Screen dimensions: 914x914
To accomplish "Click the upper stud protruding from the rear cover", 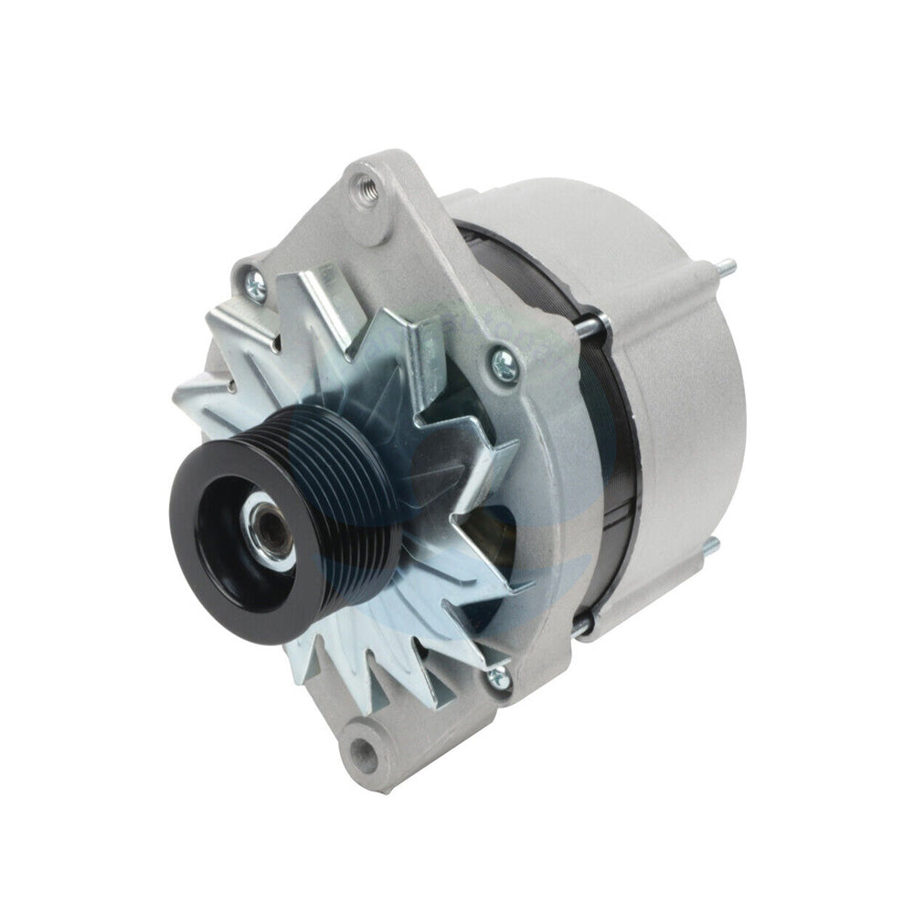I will click(724, 268).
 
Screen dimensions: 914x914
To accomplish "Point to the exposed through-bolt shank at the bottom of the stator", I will click(581, 623).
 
